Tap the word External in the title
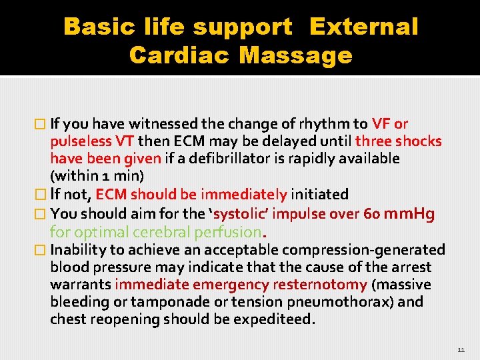tap(364, 27)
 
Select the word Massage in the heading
tap(295, 55)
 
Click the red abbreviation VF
tap(381, 123)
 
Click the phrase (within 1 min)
tap(97, 176)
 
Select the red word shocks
tap(419, 141)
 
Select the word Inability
tap(76, 250)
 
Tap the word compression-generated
tap(363, 250)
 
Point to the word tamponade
tap(159, 302)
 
